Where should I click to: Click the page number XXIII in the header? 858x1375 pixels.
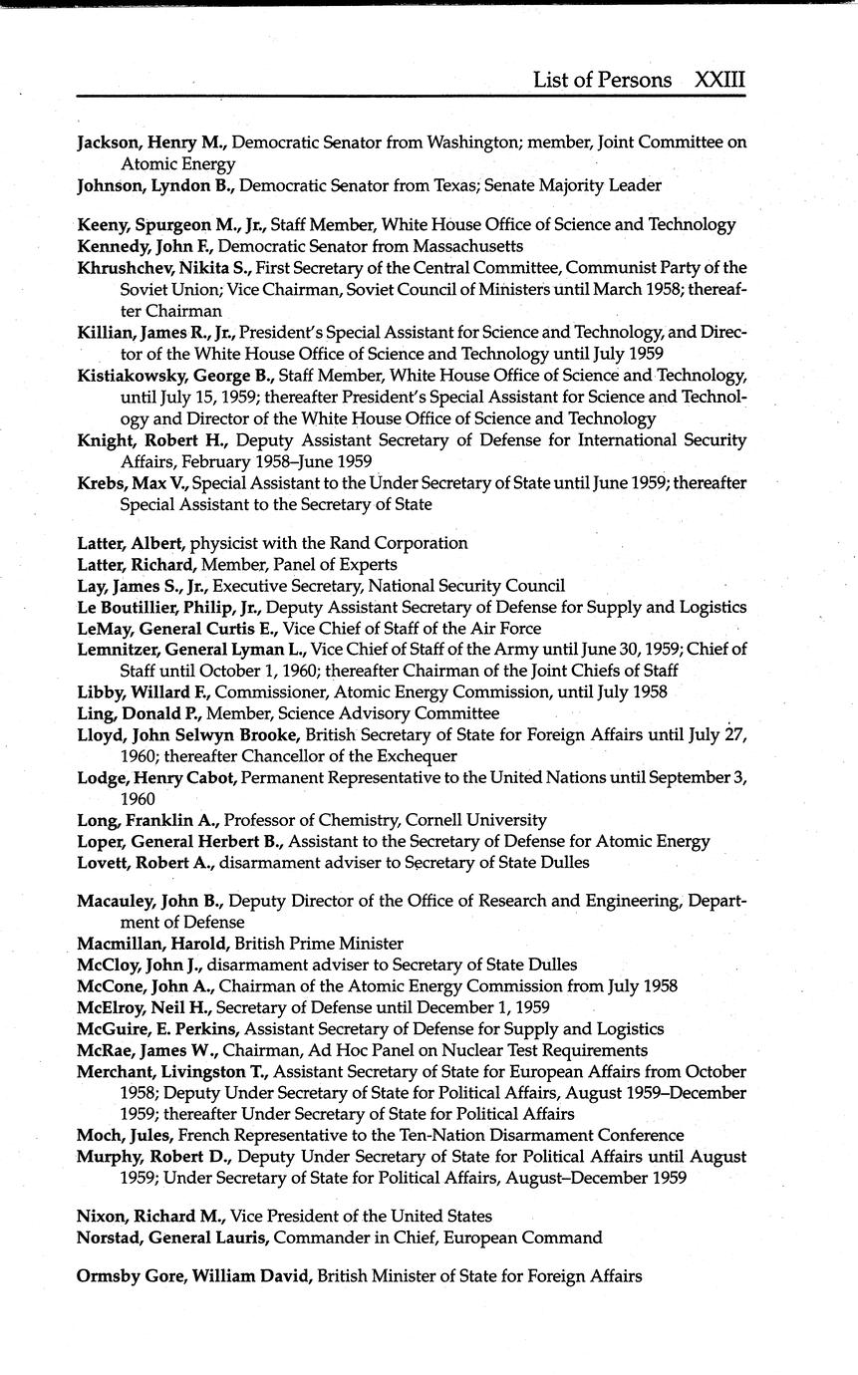(719, 81)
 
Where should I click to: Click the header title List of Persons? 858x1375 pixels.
(602, 81)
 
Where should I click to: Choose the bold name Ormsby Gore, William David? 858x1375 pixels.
(194, 1275)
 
